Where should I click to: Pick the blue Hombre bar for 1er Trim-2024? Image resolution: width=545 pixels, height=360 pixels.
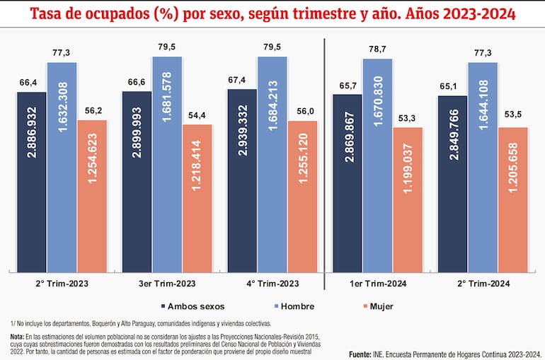point(377,166)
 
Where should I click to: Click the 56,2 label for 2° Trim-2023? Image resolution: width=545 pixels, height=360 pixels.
point(92,111)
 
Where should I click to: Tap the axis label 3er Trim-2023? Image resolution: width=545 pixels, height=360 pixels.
point(167,283)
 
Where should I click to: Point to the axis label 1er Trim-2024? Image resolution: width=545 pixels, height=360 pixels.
point(377,283)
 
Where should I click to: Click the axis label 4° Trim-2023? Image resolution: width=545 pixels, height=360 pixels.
point(272,283)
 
